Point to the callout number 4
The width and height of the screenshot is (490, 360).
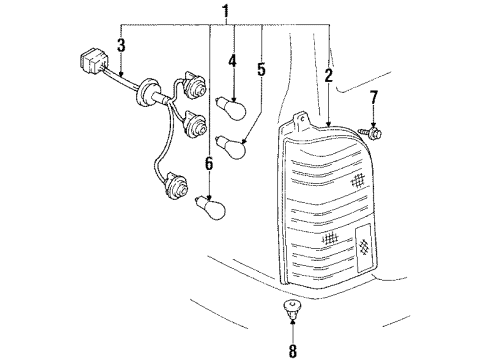coord(232,62)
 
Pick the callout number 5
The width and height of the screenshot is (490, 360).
coord(262,72)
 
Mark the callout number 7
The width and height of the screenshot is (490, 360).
coord(374,97)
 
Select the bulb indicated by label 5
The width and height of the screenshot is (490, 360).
coord(233,145)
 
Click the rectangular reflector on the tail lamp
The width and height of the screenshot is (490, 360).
coord(364,244)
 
